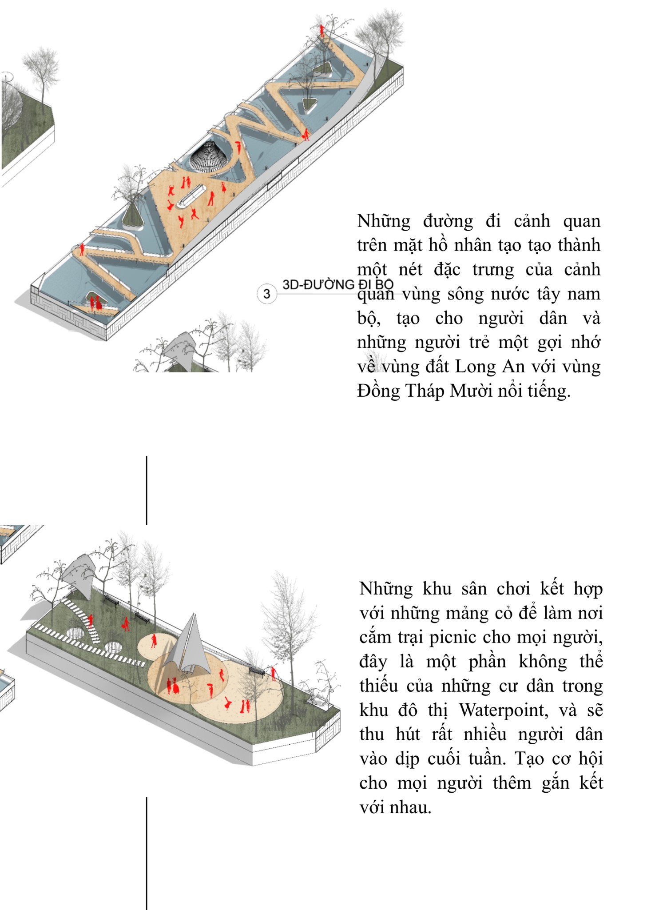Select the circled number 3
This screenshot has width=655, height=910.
(x=266, y=294)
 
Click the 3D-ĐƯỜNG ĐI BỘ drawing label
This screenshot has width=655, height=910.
(x=338, y=284)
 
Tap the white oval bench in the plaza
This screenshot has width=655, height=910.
(x=191, y=196)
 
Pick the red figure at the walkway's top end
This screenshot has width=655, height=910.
(x=322, y=31)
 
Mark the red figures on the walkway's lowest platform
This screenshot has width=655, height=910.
(x=95, y=303)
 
